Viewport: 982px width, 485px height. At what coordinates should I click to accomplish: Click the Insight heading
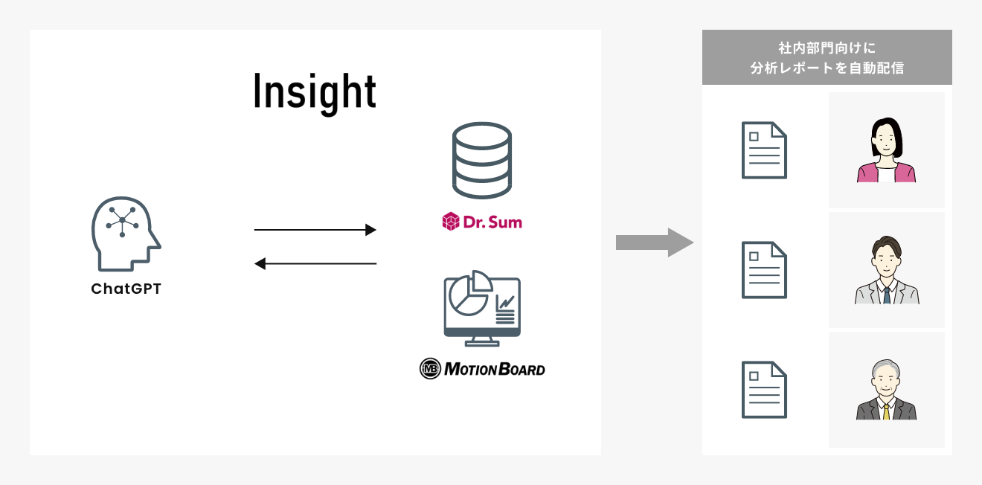click(315, 93)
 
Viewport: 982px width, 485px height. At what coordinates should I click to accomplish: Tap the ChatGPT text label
click(126, 289)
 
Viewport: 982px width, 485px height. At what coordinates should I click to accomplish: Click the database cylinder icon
click(482, 161)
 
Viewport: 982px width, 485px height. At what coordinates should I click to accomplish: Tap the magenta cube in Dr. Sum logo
click(451, 222)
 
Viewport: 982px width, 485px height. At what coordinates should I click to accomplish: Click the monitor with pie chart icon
click(481, 308)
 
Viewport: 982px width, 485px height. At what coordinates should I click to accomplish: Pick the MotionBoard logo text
click(494, 368)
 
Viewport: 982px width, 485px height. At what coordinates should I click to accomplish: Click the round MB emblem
click(430, 368)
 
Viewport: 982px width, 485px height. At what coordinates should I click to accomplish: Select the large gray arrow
click(654, 242)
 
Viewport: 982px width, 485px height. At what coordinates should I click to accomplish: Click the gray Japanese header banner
click(827, 57)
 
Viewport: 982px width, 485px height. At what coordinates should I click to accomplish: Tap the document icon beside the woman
click(764, 150)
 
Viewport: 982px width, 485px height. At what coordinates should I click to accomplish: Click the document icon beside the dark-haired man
click(764, 270)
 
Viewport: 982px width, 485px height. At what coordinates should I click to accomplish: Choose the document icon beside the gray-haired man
click(764, 390)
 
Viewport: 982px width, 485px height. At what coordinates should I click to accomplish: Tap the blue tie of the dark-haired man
click(886, 295)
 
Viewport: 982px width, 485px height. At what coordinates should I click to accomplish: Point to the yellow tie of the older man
click(886, 411)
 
